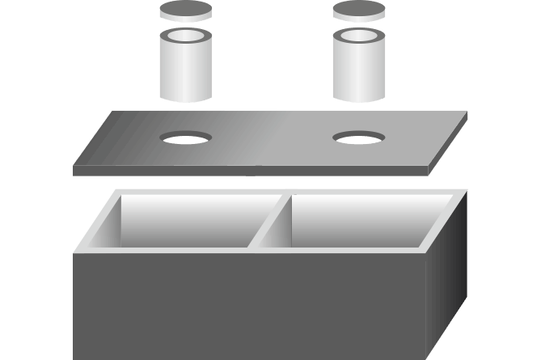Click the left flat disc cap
tap(185, 12)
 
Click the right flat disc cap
tap(359, 11)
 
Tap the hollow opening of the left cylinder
tap(185, 36)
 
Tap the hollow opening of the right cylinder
tap(359, 36)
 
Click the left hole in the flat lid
tap(185, 138)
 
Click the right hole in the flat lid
tap(359, 138)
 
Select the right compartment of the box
tap(360, 218)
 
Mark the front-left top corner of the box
tap(76, 252)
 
